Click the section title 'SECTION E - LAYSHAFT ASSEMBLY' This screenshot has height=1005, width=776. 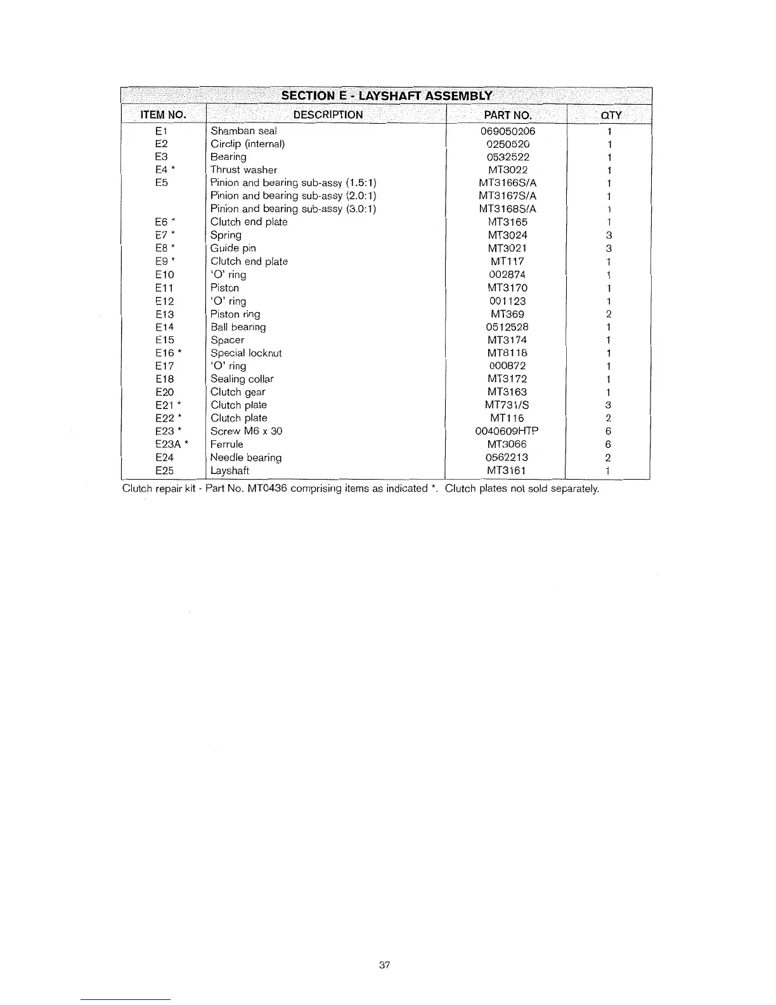387,96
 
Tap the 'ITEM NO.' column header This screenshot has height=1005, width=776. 163,115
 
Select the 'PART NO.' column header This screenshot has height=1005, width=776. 507,115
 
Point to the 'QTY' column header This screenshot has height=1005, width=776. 611,115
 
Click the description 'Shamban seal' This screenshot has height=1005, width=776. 243,131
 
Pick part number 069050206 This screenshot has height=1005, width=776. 508,131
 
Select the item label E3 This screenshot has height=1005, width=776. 161,157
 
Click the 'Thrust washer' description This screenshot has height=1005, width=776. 243,170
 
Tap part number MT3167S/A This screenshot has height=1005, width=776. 507,196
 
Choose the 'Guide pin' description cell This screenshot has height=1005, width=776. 233,248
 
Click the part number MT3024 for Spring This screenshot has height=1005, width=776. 507,235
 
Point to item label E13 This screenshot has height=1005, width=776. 164,314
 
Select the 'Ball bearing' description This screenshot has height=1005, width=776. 238,327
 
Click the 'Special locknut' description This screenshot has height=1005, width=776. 246,353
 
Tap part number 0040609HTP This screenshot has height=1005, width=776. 507,431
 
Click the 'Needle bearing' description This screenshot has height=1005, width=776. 246,457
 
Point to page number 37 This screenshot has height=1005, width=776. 384,965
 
